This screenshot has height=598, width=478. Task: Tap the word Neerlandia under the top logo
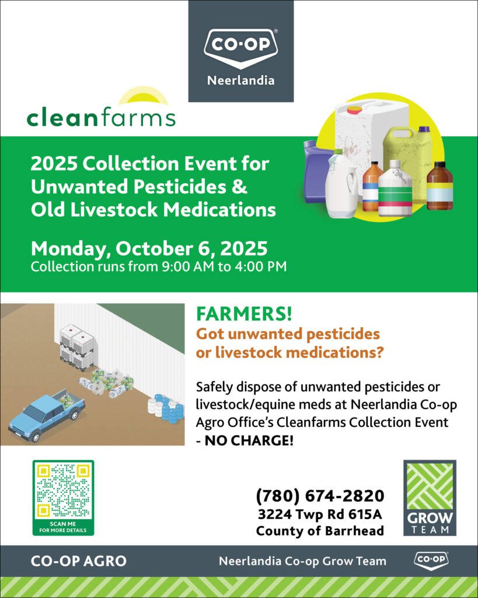(x=241, y=81)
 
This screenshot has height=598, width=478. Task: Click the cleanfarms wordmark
(x=101, y=117)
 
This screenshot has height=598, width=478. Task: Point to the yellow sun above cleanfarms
(x=142, y=96)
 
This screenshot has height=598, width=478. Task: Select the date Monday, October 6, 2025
(x=149, y=249)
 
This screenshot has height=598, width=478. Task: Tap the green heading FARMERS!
(x=244, y=314)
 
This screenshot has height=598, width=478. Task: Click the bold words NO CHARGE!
(x=249, y=441)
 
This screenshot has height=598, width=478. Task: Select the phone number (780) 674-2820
(x=320, y=496)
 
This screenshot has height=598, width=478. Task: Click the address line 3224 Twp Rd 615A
(x=320, y=514)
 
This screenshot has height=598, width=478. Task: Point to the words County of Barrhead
(x=320, y=530)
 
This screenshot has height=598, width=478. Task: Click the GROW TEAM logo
(x=430, y=498)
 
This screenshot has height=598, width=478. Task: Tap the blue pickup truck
(x=47, y=416)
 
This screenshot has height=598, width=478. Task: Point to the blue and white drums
(x=166, y=409)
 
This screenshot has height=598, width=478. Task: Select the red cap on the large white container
(x=354, y=110)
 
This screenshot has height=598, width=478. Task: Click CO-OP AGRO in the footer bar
(x=79, y=561)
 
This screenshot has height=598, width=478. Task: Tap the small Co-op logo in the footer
(x=431, y=560)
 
